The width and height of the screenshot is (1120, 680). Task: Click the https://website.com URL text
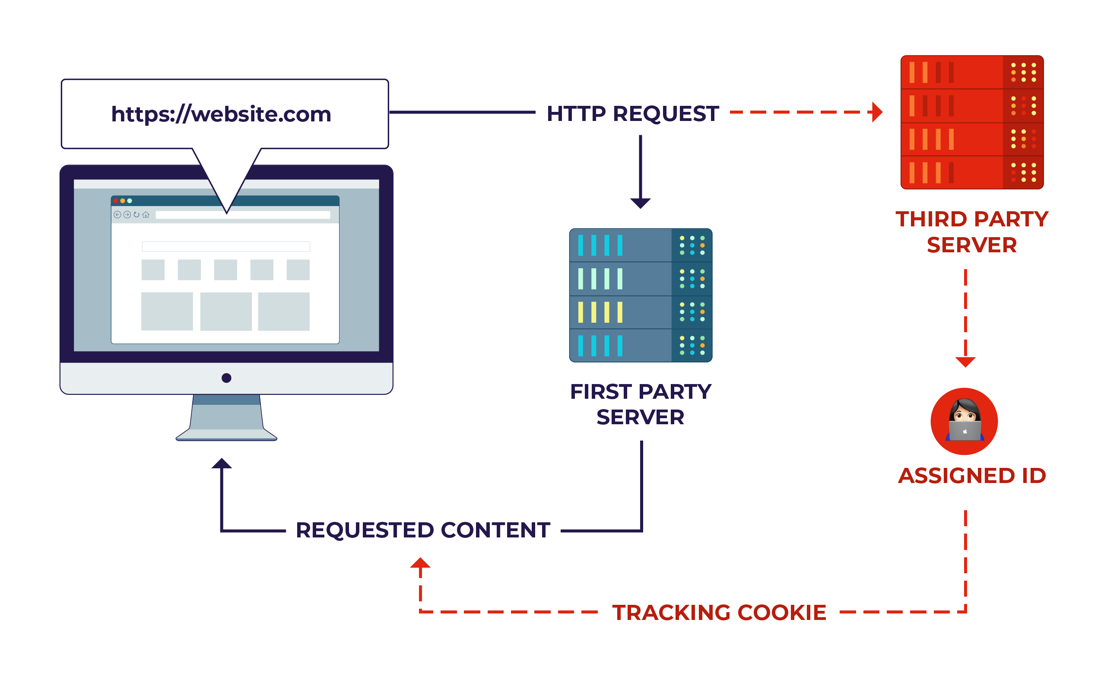point(221,114)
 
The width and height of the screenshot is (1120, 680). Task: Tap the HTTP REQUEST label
point(632,114)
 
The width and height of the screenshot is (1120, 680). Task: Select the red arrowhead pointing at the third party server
point(877,112)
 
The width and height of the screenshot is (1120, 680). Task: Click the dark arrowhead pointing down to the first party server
point(640,203)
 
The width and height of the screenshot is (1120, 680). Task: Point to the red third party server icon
point(972,122)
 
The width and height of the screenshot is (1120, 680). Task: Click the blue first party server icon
point(640,295)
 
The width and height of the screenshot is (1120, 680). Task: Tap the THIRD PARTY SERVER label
point(972,232)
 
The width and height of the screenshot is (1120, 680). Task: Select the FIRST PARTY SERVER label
point(640,404)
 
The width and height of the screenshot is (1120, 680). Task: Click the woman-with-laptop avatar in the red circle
point(964,421)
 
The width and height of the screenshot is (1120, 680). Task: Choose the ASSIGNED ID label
point(972,476)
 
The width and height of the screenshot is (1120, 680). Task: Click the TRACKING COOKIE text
point(719,612)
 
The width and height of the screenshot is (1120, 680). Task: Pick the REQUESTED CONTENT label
point(423,530)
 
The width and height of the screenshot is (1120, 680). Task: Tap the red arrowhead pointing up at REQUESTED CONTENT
point(420,563)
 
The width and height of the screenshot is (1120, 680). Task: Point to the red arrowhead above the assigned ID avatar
point(965,362)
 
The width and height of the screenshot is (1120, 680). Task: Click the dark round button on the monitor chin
point(226,378)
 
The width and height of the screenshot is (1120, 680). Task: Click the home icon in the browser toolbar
point(146,215)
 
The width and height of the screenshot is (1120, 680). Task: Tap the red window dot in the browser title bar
point(116,200)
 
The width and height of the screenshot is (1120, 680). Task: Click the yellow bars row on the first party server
point(600,312)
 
